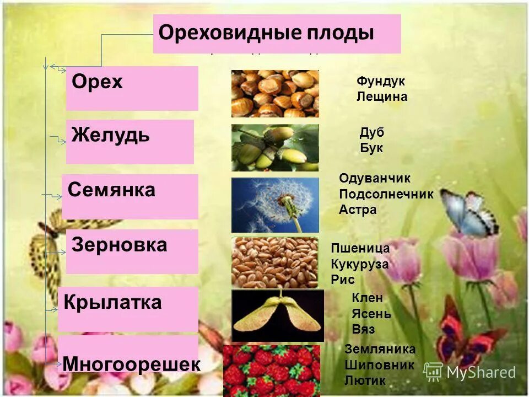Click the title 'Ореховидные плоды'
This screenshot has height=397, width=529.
click(266, 33)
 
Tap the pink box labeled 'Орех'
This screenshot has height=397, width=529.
click(132, 88)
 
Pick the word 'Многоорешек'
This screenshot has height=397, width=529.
click(131, 364)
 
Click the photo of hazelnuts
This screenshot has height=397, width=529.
click(275, 93)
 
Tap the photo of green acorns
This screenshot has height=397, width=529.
click(275, 147)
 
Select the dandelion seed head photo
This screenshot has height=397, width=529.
click(275, 205)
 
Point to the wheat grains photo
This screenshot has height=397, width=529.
click(275, 262)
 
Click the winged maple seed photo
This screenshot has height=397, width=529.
click(277, 316)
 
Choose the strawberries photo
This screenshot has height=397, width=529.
click(272, 371)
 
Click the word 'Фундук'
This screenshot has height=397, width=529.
click(381, 81)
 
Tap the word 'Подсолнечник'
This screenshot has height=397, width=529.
click(386, 194)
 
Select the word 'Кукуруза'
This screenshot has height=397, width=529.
click(360, 264)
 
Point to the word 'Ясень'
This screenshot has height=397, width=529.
click(371, 314)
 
